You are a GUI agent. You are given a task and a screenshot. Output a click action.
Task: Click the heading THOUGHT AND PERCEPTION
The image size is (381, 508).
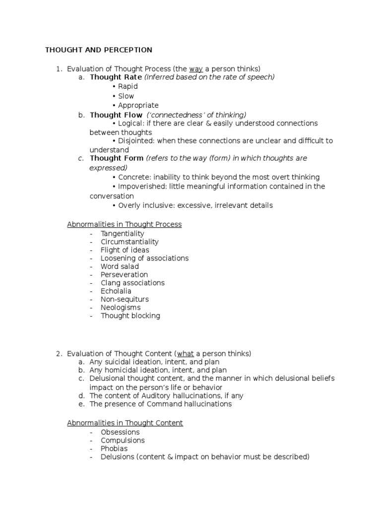[99, 50]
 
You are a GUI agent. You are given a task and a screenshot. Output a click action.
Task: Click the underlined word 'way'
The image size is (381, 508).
[196, 69]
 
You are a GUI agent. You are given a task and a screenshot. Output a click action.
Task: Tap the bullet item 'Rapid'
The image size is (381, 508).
[127, 87]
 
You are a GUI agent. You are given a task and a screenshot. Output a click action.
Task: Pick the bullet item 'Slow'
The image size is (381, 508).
[126, 96]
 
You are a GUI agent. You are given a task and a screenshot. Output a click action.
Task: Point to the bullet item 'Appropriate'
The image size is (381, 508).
[138, 105]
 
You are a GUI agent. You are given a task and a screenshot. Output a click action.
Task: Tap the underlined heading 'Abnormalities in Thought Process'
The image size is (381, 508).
[125, 225]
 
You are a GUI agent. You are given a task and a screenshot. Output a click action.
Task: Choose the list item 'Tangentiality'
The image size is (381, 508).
[123, 234]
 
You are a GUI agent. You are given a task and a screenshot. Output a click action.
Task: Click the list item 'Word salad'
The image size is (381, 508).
[120, 266]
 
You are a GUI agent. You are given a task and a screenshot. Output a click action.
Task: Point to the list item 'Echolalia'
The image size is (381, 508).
[116, 291]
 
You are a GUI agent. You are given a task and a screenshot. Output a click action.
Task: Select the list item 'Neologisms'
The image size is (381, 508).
[121, 308]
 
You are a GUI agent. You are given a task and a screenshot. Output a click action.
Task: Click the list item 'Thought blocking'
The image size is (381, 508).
[130, 316]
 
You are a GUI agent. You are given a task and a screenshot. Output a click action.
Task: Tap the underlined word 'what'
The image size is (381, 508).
[186, 354]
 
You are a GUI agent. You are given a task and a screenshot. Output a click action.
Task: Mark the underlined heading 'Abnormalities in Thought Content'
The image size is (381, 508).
[125, 423]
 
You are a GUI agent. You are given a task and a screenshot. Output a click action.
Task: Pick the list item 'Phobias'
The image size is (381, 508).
[114, 448]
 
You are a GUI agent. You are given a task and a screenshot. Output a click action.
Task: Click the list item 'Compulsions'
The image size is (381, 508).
[123, 441]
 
